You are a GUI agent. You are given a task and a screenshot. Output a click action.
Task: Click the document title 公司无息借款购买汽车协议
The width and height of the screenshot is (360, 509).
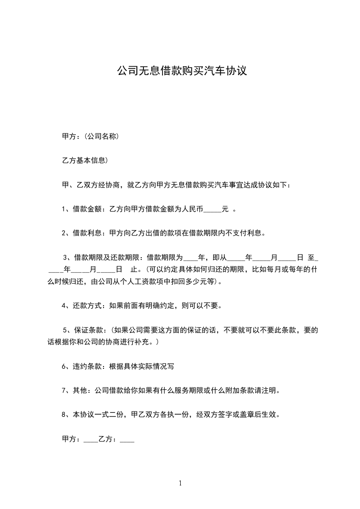182,71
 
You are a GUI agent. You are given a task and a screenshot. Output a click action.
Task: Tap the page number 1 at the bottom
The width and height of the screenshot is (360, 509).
180,483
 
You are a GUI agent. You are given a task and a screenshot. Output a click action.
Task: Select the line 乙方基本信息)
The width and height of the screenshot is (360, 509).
84,160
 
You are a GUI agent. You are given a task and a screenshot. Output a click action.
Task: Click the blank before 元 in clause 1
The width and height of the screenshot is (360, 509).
212,210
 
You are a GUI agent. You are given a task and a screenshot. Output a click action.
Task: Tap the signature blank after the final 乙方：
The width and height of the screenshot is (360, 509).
128,439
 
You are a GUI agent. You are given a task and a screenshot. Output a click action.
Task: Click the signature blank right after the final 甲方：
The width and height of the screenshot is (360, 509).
91,439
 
